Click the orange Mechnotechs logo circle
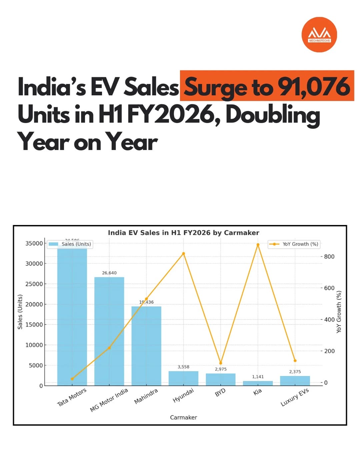click(x=319, y=35)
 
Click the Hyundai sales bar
click(x=183, y=378)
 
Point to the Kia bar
click(x=258, y=383)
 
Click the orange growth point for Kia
click(x=258, y=245)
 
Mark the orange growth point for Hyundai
click(x=183, y=254)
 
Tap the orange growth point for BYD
click(x=221, y=363)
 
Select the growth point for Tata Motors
click(x=72, y=379)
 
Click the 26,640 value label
click(x=109, y=273)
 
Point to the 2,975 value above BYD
click(x=221, y=369)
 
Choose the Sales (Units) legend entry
click(x=70, y=244)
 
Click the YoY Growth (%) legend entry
click(x=294, y=244)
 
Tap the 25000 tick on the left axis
click(x=34, y=284)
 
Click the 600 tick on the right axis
click(x=329, y=288)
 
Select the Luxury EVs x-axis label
click(x=295, y=397)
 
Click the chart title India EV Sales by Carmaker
click(x=183, y=233)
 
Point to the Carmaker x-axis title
click(x=183, y=417)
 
